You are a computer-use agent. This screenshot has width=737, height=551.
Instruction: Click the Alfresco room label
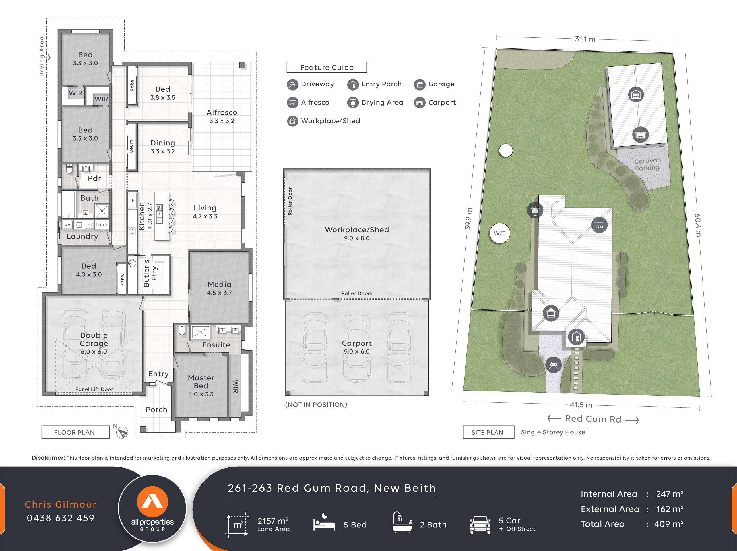coord(222,112)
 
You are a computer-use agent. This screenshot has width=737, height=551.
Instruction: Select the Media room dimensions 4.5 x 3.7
coord(219,293)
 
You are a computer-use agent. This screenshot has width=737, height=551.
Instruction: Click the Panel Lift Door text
coord(94,389)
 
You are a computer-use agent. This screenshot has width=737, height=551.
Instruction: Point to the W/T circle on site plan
coord(499,233)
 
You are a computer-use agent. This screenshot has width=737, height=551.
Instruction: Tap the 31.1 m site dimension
coord(585,39)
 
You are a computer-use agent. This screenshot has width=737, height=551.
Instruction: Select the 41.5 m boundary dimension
coord(581,405)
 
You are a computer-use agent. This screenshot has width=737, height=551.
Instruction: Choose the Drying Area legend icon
coord(352,103)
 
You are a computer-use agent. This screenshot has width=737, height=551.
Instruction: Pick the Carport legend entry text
coord(441,103)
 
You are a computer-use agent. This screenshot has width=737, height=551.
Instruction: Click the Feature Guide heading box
coord(327,67)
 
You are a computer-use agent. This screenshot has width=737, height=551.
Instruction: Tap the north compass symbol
coord(122,432)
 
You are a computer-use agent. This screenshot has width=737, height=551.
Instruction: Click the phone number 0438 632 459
coord(61,518)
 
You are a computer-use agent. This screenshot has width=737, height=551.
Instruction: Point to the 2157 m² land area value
coord(272,521)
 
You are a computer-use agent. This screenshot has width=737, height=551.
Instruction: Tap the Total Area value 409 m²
coord(668,524)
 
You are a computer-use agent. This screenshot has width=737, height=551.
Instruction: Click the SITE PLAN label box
coord(488,432)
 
